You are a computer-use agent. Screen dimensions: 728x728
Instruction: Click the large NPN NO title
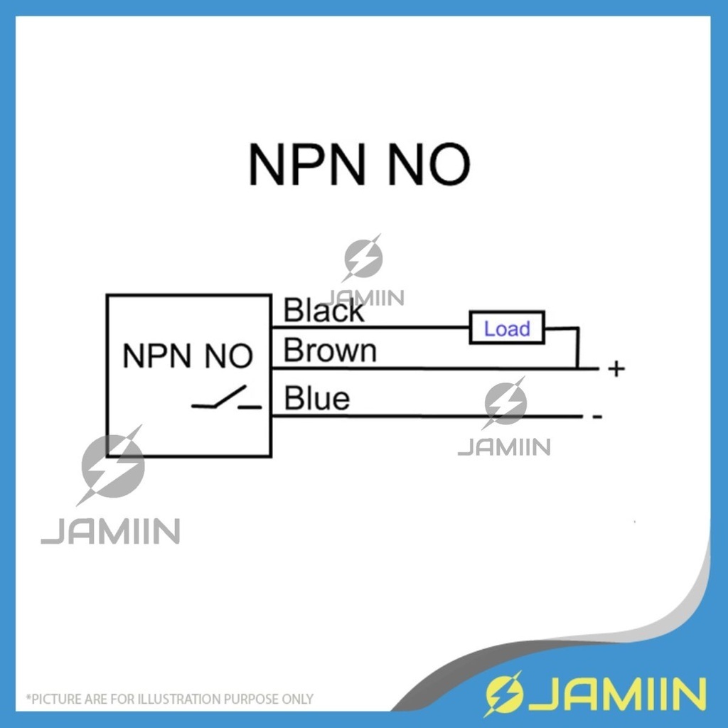point(359,164)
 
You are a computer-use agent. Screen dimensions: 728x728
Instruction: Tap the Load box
point(507,328)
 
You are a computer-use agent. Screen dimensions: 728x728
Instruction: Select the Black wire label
point(323,311)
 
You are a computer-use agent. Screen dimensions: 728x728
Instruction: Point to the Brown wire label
point(330,350)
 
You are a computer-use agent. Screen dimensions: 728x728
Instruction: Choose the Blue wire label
point(317,399)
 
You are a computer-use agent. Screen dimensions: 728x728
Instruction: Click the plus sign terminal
point(616,369)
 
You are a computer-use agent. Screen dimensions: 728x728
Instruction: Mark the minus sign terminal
point(597,417)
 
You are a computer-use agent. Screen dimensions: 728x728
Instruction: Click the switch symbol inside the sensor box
point(227,400)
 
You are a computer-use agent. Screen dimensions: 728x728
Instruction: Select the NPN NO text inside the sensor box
point(188,356)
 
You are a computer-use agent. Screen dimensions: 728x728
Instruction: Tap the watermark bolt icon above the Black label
point(363,259)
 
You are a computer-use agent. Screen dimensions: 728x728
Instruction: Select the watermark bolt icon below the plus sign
point(505,404)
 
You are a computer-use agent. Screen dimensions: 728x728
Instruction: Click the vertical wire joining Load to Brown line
point(577,349)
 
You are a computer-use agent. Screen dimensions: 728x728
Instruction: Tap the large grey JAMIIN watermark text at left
point(110,532)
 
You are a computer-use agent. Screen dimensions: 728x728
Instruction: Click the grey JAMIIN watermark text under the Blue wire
point(503,447)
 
